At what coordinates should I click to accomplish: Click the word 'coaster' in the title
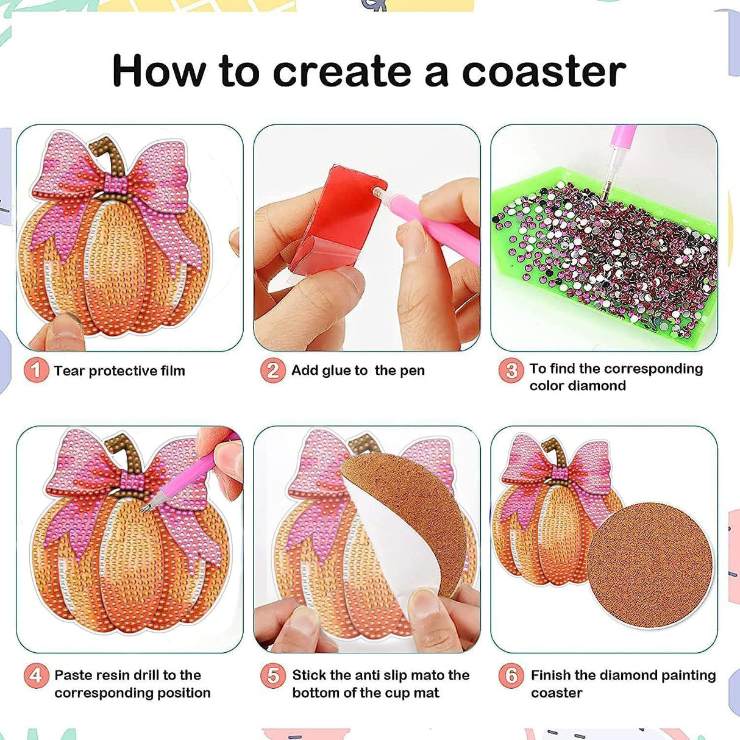click(544, 71)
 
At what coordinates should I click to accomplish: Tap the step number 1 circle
click(36, 370)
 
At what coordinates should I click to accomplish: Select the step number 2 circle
click(272, 370)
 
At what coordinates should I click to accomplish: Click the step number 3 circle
click(511, 370)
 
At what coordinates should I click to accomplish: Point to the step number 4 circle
click(36, 675)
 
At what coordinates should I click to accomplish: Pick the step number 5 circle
click(272, 675)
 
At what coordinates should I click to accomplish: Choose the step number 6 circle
click(511, 675)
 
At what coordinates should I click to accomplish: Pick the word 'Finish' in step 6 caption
click(550, 675)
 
